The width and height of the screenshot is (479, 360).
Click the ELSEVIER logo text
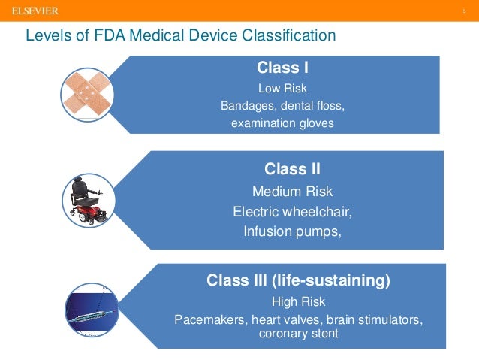point(35,11)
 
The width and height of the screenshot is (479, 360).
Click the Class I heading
point(282,68)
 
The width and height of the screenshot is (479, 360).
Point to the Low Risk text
point(282,87)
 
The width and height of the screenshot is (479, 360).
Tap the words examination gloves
point(282,123)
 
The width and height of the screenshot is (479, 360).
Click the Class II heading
point(292,168)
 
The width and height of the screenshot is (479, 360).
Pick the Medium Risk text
point(292,191)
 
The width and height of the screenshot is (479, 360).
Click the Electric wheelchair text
point(292,211)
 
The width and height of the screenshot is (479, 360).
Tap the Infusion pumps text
point(292,231)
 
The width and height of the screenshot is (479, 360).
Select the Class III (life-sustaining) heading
point(298,281)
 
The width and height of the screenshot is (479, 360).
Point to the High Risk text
point(298,302)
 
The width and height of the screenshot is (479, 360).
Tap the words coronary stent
point(298,334)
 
